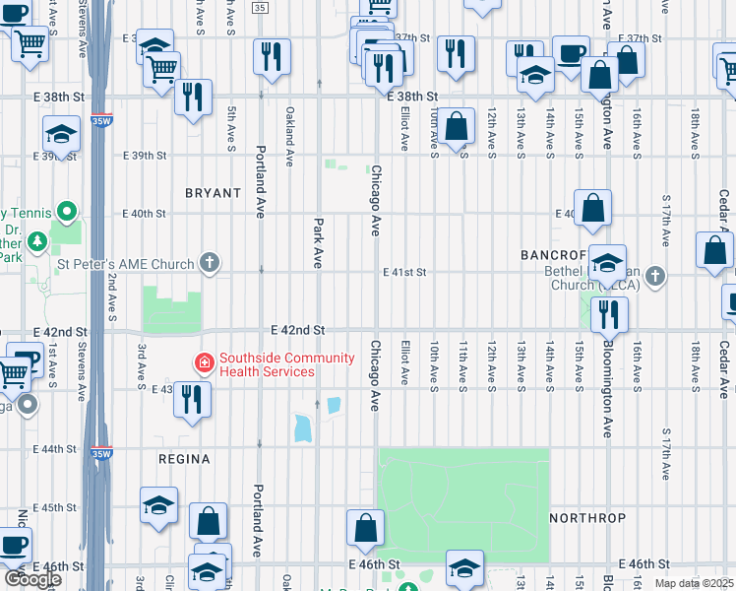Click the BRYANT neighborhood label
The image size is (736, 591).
pyautogui.click(x=213, y=193)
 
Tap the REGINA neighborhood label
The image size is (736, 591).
pyautogui.click(x=184, y=459)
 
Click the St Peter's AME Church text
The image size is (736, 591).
pyautogui.click(x=125, y=263)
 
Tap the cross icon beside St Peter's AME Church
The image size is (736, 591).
pyautogui.click(x=209, y=263)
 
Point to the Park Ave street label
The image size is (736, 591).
pyautogui.click(x=318, y=243)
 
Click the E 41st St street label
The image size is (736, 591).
pyautogui.click(x=404, y=272)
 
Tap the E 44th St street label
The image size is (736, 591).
pyautogui.click(x=55, y=448)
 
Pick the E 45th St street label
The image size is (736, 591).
pyautogui.click(x=55, y=507)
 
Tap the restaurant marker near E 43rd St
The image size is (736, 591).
pyautogui.click(x=192, y=399)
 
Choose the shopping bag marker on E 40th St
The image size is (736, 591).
pyautogui.click(x=593, y=208)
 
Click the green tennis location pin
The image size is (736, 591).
pyautogui.click(x=66, y=212)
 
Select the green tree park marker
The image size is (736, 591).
pyautogui.click(x=36, y=240)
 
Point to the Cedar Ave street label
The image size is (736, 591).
pyautogui.click(x=723, y=364)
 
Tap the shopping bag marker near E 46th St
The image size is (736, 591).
pyautogui.click(x=365, y=528)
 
